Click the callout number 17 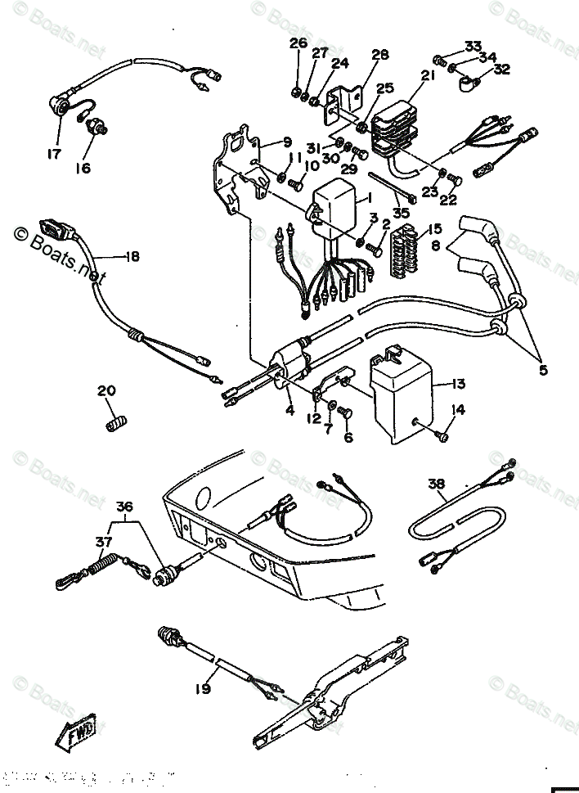tap(54, 153)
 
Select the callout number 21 tap(426, 75)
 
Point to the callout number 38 tap(436, 484)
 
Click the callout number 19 tap(202, 689)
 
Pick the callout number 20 tap(106, 390)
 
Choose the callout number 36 tap(123, 506)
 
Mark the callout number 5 tap(543, 369)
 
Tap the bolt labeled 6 tap(343, 418)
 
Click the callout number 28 tap(379, 55)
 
